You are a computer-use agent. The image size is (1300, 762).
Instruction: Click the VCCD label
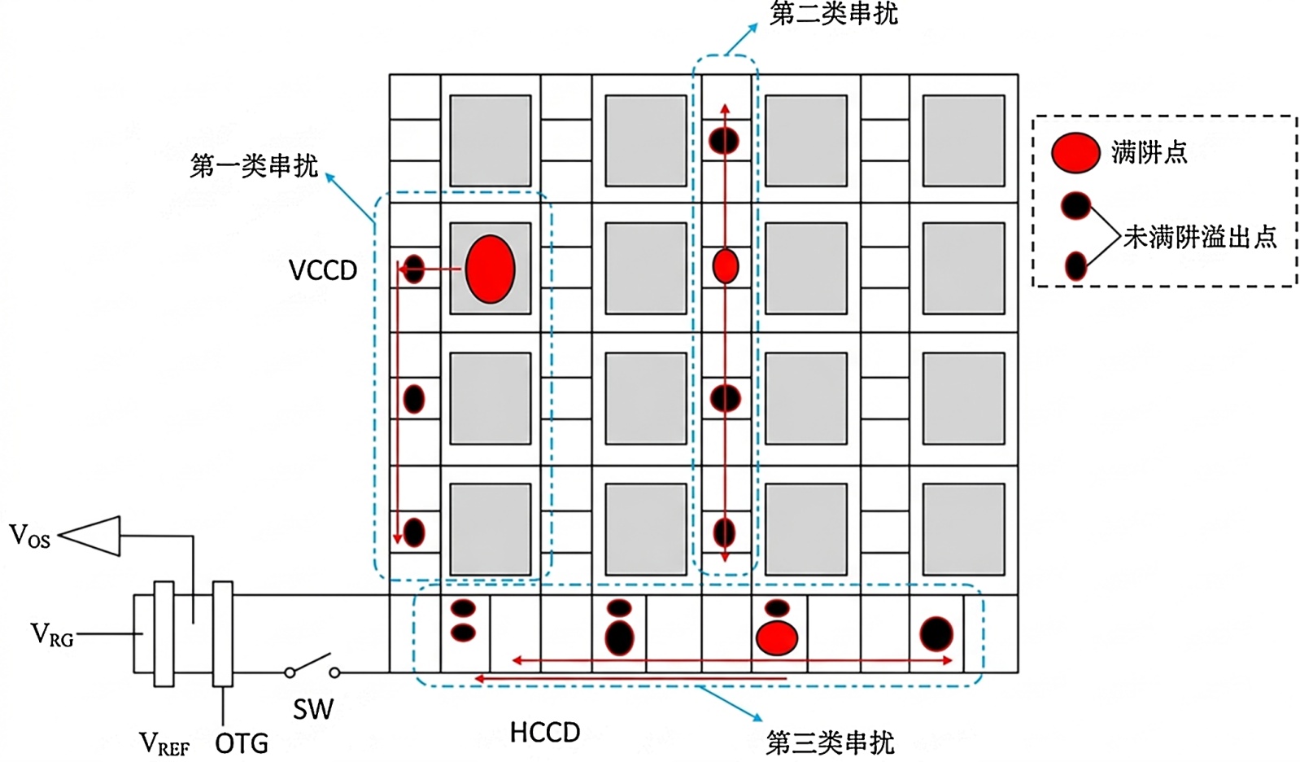point(323,270)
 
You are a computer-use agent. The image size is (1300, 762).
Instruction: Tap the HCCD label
point(545,733)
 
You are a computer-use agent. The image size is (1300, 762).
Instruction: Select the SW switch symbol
point(312,667)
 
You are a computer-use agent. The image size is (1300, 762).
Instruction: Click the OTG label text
point(242,743)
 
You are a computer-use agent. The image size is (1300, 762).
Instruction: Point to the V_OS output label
point(30,536)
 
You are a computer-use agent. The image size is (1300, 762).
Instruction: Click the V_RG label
point(51,634)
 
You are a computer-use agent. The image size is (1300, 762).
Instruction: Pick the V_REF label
point(164,743)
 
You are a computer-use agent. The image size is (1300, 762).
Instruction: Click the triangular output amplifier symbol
point(90,536)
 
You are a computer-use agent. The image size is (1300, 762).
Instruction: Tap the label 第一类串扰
point(254,166)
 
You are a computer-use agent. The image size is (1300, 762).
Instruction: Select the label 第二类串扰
point(833,13)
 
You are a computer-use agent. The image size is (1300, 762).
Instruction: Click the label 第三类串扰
point(831,742)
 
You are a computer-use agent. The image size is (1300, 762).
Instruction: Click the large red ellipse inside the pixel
point(491,269)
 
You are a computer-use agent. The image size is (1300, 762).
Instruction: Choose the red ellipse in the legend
point(1075,153)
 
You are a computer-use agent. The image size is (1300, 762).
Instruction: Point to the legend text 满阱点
point(1149,153)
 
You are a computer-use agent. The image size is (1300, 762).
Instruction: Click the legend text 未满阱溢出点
point(1200,237)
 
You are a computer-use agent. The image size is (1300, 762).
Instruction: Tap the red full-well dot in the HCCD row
point(777,637)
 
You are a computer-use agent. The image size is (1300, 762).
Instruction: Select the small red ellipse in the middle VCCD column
point(726,266)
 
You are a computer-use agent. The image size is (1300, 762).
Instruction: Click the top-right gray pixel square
point(963,141)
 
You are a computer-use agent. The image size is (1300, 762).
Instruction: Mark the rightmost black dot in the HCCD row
point(936,633)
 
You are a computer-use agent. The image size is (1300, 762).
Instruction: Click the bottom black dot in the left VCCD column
point(414,532)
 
